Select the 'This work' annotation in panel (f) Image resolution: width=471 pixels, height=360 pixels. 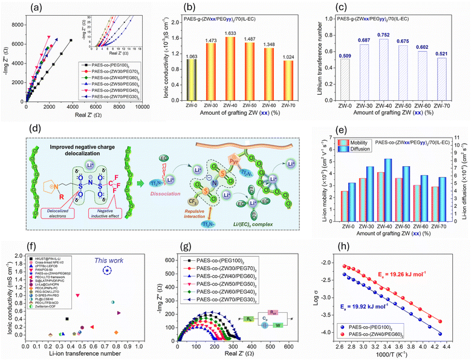pos(107,243)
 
